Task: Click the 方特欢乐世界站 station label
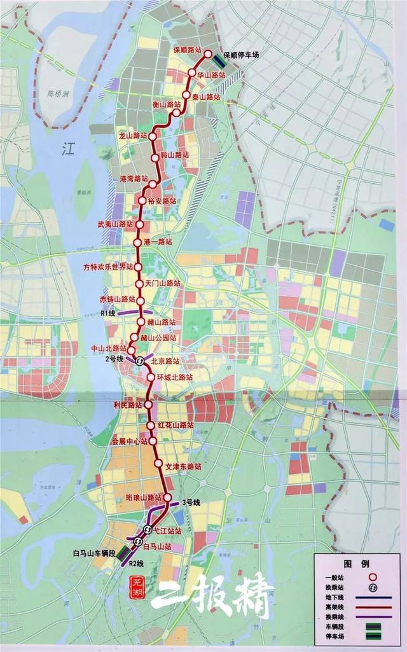[x=109, y=266]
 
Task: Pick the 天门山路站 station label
[x=163, y=282]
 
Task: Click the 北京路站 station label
[x=165, y=360]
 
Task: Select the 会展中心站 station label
[x=129, y=441]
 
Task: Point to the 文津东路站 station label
[x=183, y=466]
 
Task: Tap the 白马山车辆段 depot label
[x=94, y=554]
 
